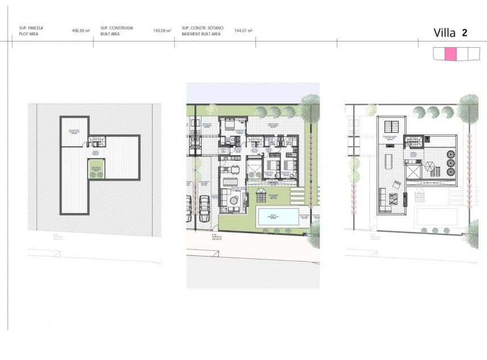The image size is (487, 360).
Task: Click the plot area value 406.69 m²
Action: [81, 31]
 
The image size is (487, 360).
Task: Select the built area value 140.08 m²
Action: [163, 31]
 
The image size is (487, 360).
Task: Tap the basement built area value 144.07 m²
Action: [243, 31]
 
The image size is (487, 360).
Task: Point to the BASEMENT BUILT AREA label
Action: [201, 34]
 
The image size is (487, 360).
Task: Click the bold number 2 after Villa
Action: [465, 32]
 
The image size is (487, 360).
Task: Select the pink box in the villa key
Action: [450, 54]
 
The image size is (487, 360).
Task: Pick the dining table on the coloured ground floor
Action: [230, 182]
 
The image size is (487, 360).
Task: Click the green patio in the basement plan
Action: [96, 169]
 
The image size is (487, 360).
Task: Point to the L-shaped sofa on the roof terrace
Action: [393, 199]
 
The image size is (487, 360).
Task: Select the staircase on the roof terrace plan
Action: [414, 142]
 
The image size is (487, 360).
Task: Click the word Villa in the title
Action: [444, 32]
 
